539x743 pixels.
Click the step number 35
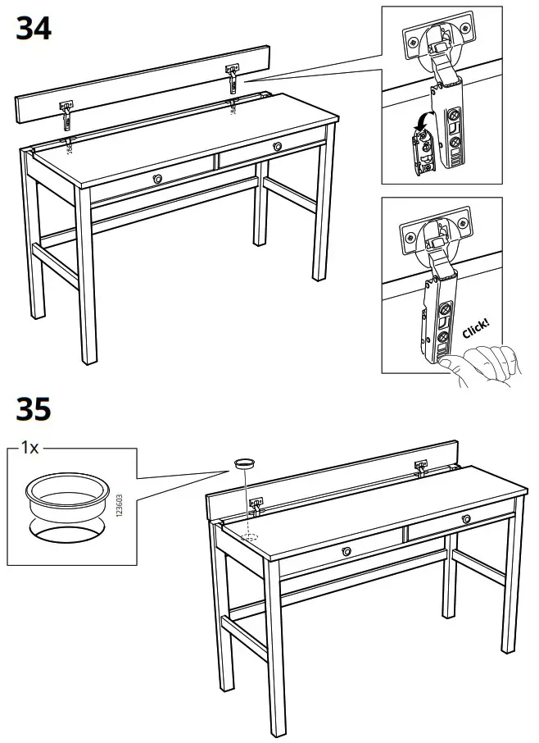tap(34, 408)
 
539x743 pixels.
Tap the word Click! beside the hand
tap(477, 327)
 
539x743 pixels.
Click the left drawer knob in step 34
tap(156, 178)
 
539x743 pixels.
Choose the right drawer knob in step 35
tap(465, 517)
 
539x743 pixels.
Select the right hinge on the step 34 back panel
tap(233, 78)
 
